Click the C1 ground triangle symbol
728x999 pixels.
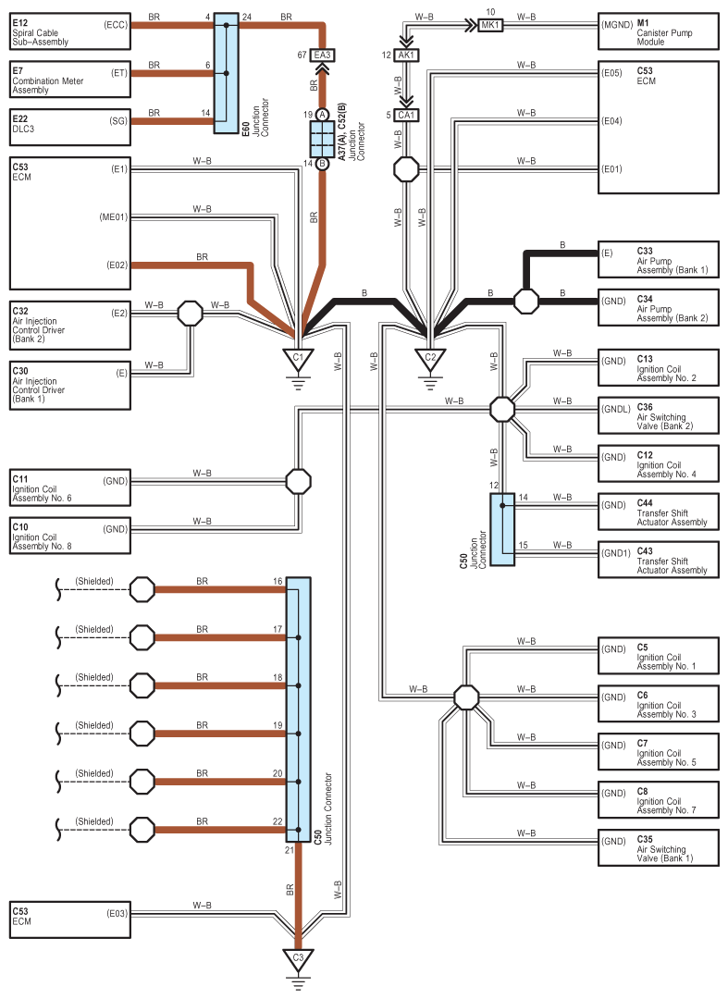click(x=298, y=359)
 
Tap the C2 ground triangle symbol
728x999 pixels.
click(x=430, y=359)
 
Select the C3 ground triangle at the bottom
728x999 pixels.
click(x=298, y=959)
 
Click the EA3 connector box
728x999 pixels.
click(x=322, y=55)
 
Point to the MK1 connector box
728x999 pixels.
click(x=490, y=26)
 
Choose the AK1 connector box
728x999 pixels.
click(x=406, y=55)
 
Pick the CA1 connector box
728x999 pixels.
click(x=406, y=116)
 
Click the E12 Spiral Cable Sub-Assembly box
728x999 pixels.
click(x=70, y=31)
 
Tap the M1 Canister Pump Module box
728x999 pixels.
click(x=659, y=31)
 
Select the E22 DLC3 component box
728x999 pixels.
click(x=70, y=128)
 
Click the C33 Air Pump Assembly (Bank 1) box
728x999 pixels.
click(x=659, y=260)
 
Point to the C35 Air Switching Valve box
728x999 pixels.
click(x=659, y=848)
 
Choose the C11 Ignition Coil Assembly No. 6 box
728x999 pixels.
click(x=70, y=488)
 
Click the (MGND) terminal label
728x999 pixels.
click(x=617, y=25)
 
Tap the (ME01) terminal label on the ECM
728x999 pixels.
click(x=114, y=217)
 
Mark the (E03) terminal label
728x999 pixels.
click(x=117, y=914)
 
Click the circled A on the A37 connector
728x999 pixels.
click(x=322, y=115)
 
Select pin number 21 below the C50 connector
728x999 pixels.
click(x=290, y=850)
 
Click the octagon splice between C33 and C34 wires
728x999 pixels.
click(x=526, y=301)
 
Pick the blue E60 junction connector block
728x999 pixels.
click(x=226, y=73)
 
